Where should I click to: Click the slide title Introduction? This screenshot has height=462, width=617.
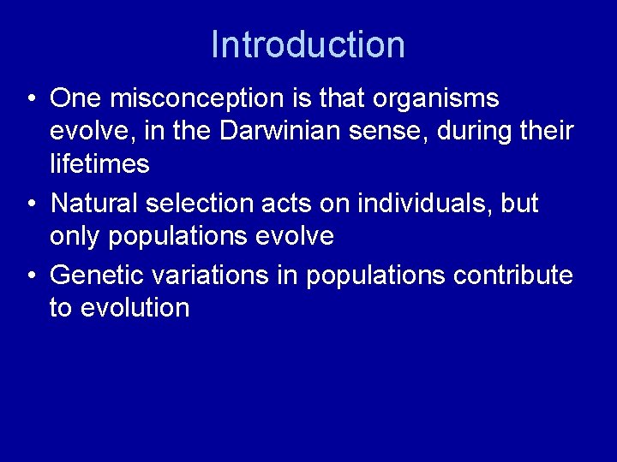pyautogui.click(x=308, y=44)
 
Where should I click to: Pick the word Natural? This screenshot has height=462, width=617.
pyautogui.click(x=94, y=204)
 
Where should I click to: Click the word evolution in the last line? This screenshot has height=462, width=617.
pyautogui.click(x=135, y=306)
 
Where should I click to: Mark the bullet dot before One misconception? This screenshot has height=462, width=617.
pyautogui.click(x=31, y=100)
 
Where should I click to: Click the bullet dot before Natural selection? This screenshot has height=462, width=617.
pyautogui.click(x=31, y=204)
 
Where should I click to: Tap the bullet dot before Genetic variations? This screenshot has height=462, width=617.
pyautogui.click(x=31, y=275)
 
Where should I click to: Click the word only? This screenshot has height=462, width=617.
pyautogui.click(x=75, y=235)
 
